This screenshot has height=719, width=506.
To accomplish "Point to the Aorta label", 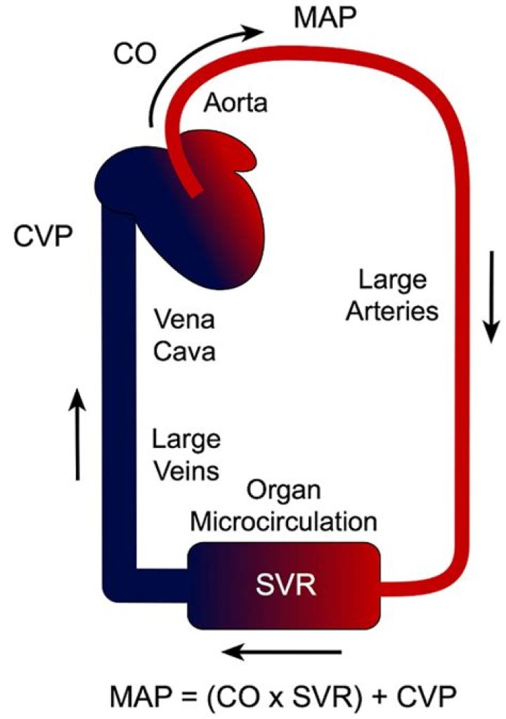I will pyautogui.click(x=235, y=104).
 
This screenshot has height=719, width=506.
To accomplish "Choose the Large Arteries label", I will pyautogui.click(x=397, y=296).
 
